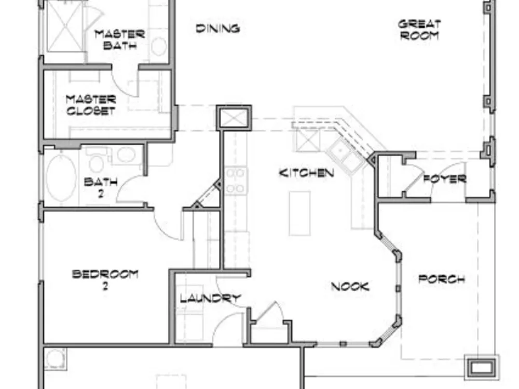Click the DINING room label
(218, 29)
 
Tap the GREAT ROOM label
(419, 30)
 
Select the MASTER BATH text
(119, 39)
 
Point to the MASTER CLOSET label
(91, 105)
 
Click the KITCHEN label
(306, 173)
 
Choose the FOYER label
(445, 179)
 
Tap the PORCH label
(442, 279)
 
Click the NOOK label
(350, 286)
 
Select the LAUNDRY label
(210, 298)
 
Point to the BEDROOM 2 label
(105, 280)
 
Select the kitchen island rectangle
(299, 213)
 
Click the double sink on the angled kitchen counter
(345, 156)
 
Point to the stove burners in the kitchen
(235, 180)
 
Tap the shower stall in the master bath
(65, 26)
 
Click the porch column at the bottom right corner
(482, 367)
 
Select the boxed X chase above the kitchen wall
(234, 118)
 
